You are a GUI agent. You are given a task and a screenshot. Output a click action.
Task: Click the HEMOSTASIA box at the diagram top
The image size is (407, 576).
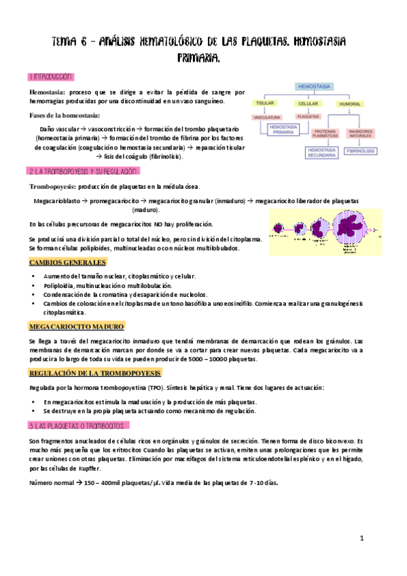point(315,87)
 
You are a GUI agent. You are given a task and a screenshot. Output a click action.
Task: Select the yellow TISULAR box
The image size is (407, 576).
point(264,103)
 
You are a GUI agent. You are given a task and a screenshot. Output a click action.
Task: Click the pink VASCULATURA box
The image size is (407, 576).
point(267,118)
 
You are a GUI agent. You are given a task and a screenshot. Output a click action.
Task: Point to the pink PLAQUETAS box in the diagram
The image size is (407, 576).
point(308,117)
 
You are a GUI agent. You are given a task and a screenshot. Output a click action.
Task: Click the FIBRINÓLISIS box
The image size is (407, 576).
point(361,151)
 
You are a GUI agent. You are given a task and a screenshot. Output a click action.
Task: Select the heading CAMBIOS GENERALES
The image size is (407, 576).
point(67,263)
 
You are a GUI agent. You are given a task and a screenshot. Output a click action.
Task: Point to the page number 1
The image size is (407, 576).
point(362,539)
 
